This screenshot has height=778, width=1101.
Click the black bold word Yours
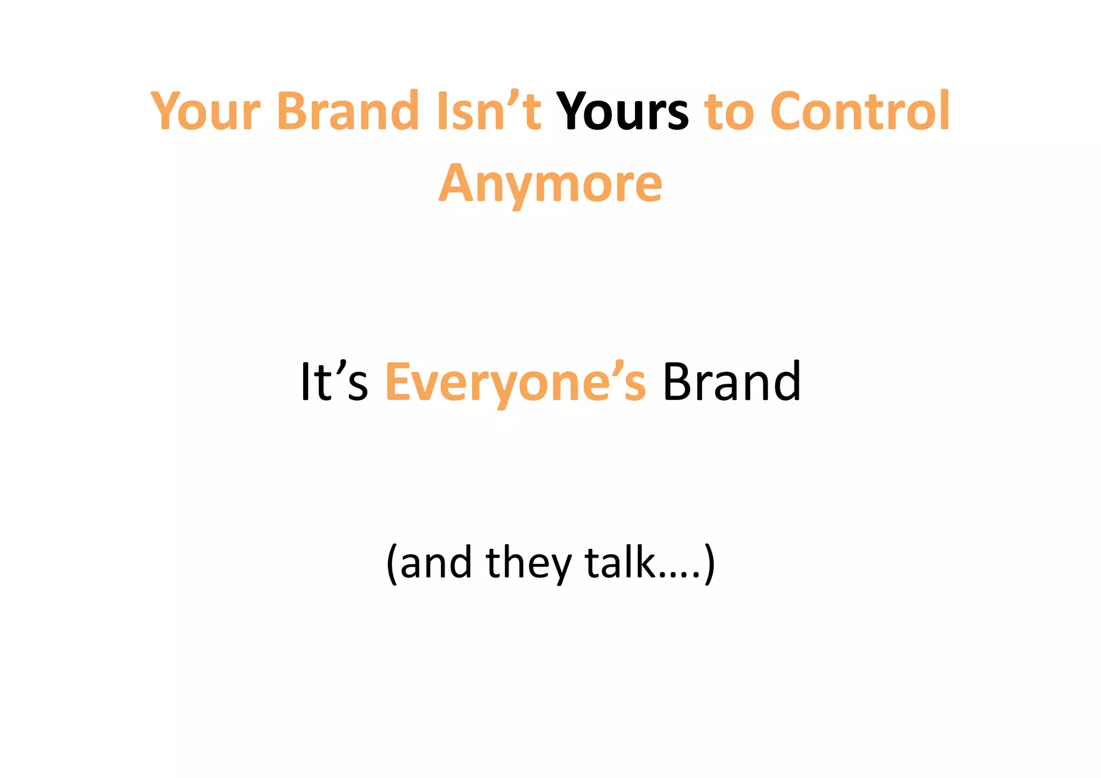pyautogui.click(x=622, y=111)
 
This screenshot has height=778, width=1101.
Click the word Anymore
pyautogui.click(x=550, y=184)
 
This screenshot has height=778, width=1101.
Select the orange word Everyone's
pyautogui.click(x=516, y=383)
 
